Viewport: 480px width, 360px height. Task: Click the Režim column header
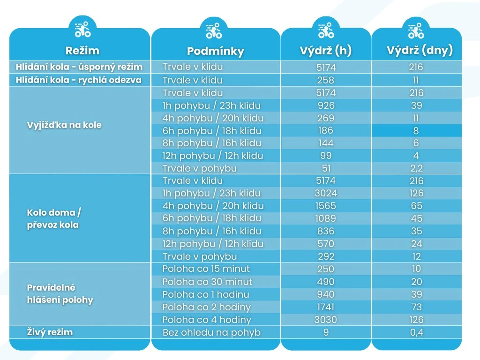[x=82, y=51]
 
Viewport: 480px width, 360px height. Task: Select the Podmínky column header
[x=215, y=51]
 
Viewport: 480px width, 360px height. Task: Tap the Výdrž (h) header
[x=326, y=51]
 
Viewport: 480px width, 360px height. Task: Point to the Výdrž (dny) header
[x=416, y=51]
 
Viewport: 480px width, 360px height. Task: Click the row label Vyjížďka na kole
[x=64, y=125]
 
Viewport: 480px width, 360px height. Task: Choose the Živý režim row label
[x=50, y=332]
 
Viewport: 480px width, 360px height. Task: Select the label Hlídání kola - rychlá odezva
[x=78, y=80]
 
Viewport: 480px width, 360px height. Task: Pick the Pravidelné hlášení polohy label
[x=60, y=293]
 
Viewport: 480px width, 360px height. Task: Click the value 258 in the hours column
[x=326, y=80]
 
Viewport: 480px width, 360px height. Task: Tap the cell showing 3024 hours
[x=326, y=193]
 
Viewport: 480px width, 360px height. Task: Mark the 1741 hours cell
[x=326, y=307]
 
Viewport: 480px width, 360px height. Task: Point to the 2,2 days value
[x=416, y=168]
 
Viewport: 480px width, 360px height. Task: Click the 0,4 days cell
[x=416, y=333]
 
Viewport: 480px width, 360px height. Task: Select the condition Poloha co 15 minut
[x=206, y=269]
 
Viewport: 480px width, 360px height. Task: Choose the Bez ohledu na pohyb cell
[x=211, y=333]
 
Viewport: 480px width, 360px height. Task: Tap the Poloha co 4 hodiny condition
[x=207, y=320]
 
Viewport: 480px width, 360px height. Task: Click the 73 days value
[x=416, y=307]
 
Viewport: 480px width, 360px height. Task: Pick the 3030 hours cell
[x=326, y=320]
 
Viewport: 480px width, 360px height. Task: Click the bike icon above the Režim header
[x=82, y=30]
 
